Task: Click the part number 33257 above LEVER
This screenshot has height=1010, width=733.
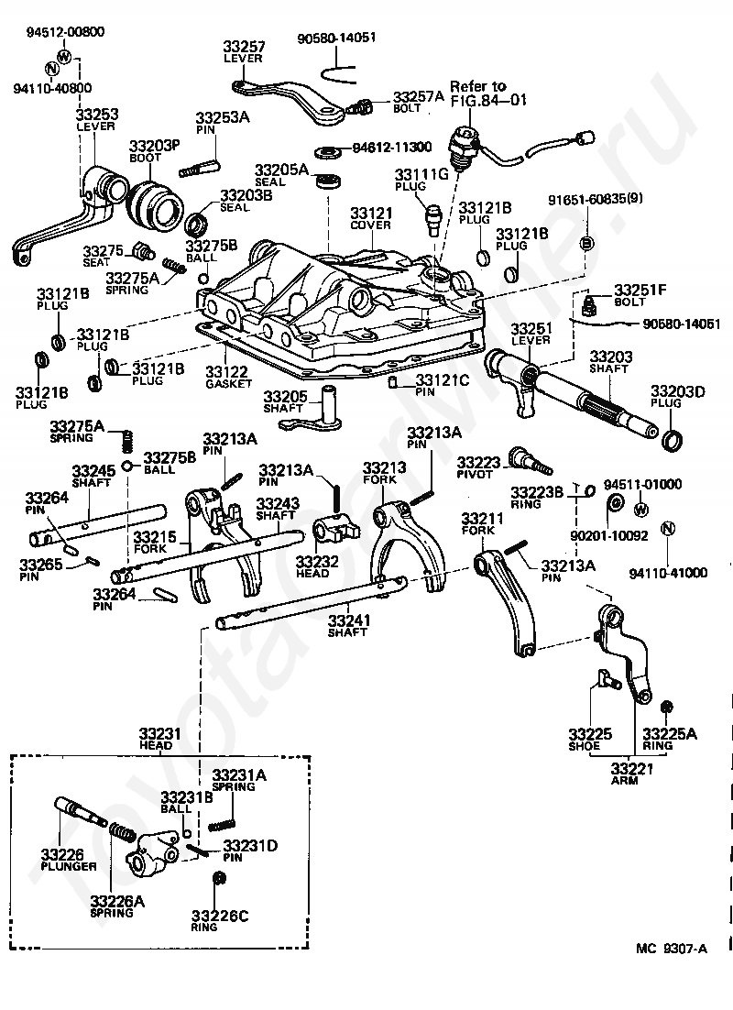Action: click(x=244, y=47)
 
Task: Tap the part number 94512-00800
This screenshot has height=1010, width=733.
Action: click(x=65, y=31)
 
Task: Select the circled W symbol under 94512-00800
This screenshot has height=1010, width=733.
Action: click(x=64, y=55)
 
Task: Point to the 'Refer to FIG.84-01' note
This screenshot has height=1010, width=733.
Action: click(x=487, y=93)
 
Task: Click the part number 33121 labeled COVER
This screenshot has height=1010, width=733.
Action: click(x=371, y=213)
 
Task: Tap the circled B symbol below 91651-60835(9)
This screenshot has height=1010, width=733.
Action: click(x=586, y=243)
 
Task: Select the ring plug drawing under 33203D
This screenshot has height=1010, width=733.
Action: click(x=673, y=441)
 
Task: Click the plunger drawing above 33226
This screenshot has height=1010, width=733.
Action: click(x=80, y=812)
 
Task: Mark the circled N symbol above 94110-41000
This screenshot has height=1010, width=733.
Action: click(x=667, y=529)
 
